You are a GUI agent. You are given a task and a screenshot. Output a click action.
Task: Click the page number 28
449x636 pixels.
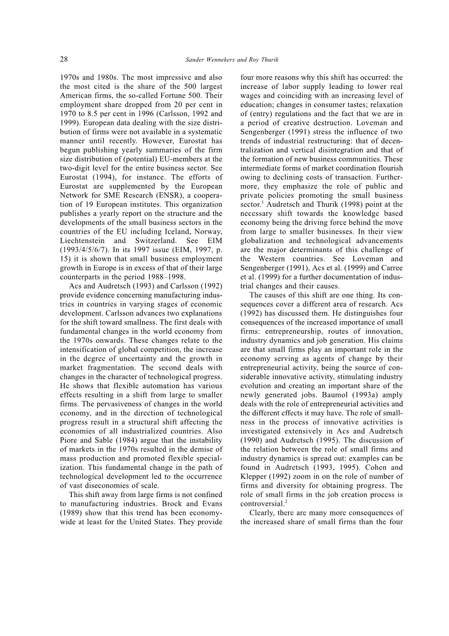coord(64,59)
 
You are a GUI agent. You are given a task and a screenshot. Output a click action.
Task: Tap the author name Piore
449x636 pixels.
coord(69,440)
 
